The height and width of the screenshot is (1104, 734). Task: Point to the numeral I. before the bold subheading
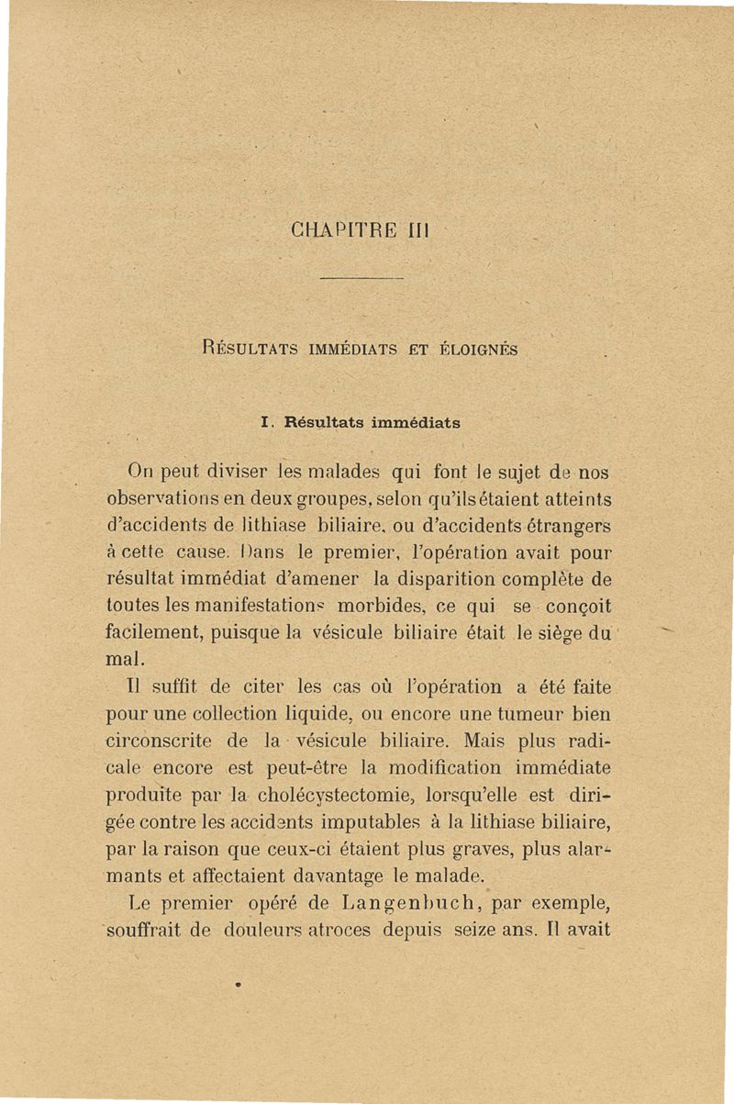267,423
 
